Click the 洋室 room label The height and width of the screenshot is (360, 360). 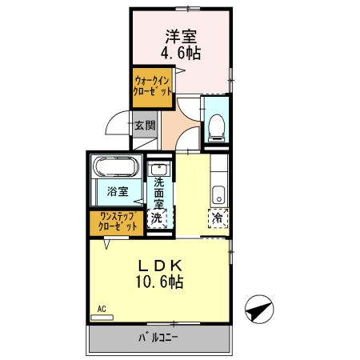point(182,36)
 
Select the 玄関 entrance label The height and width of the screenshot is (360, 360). point(145,125)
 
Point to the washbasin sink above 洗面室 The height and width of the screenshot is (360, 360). point(158,170)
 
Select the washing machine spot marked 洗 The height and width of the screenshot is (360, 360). point(158,217)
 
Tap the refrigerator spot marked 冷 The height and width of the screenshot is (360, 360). point(217,217)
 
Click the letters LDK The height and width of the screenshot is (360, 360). point(164,266)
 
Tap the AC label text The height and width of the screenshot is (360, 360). point(102,307)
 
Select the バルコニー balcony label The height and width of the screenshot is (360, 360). point(160,338)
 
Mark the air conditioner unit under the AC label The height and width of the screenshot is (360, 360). point(102,317)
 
